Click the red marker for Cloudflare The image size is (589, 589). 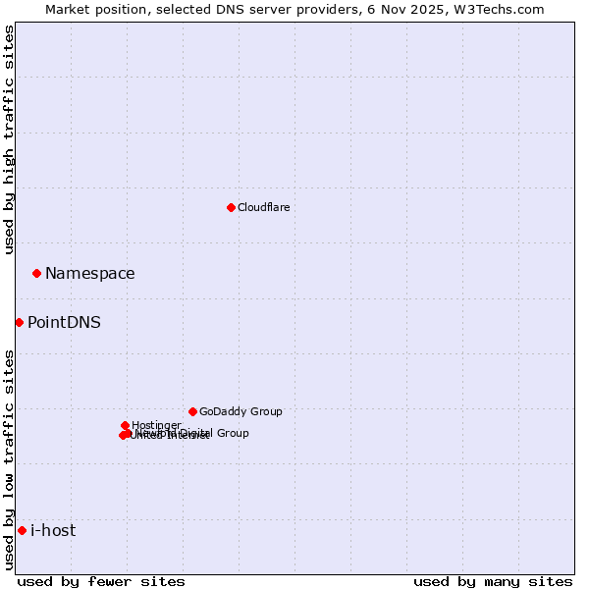point(231,207)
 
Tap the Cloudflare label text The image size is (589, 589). point(263,207)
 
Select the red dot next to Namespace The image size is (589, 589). point(36,273)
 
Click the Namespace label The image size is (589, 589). point(90,273)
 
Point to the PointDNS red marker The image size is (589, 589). point(19,322)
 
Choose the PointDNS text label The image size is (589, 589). point(64,322)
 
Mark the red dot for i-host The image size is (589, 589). point(22,530)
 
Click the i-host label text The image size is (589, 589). point(53,530)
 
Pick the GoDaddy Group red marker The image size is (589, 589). point(192,411)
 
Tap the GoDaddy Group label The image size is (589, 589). point(241,411)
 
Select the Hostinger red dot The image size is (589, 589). point(125,425)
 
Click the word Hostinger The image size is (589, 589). point(156,425)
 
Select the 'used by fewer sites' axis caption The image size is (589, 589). point(101,581)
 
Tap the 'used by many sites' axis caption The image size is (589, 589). point(493,581)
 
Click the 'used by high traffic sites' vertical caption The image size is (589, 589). point(9,139)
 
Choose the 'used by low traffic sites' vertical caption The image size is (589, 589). point(9,459)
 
